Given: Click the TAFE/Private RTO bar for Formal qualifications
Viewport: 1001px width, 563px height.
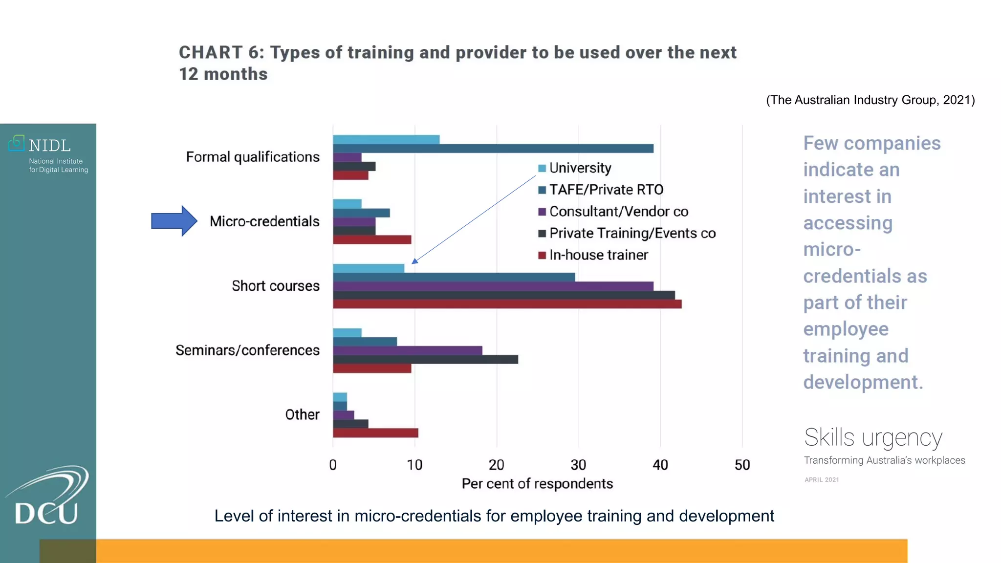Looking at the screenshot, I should point(493,149).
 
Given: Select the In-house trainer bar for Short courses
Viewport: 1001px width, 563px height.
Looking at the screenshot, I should point(507,304).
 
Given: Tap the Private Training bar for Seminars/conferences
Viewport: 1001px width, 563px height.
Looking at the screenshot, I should point(425,359).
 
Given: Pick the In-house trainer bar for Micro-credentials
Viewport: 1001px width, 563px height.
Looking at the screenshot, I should point(372,239).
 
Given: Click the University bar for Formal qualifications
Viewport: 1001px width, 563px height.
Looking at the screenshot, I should point(386,140).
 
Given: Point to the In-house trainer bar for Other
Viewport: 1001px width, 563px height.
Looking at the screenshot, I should point(375,433).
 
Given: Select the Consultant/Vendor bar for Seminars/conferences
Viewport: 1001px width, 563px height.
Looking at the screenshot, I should point(407,350).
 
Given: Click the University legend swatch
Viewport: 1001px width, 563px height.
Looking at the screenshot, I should point(542,169).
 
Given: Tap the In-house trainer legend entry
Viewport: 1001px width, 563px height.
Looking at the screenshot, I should point(598,255).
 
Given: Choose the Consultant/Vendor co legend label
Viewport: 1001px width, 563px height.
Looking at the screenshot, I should point(618,212).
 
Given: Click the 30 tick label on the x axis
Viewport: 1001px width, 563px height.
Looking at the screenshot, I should point(578,465).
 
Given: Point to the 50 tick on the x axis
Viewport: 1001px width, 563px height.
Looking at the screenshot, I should point(742,465).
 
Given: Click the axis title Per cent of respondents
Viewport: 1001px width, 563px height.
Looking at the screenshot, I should point(537,484).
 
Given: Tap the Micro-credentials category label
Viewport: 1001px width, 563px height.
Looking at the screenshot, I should point(264,221).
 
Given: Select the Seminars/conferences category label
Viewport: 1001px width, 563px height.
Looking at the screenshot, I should point(247,350).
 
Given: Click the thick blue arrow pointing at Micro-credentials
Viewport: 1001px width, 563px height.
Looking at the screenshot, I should point(174,221).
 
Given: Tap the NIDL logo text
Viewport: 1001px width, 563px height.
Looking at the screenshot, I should point(49,146).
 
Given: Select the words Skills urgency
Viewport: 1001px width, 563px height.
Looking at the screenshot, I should point(873,437).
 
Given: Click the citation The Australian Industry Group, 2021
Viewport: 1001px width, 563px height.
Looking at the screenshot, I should point(870,100).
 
